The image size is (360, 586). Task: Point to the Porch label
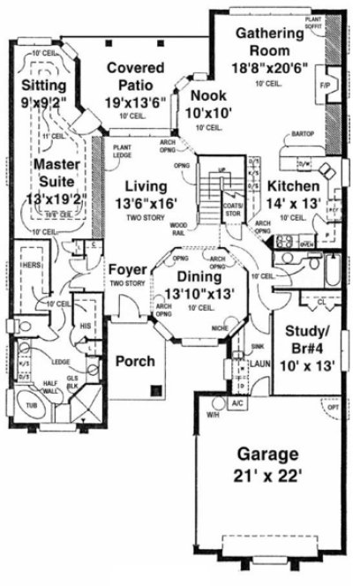click(x=136, y=361)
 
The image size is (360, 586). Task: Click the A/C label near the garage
click(x=236, y=403)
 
